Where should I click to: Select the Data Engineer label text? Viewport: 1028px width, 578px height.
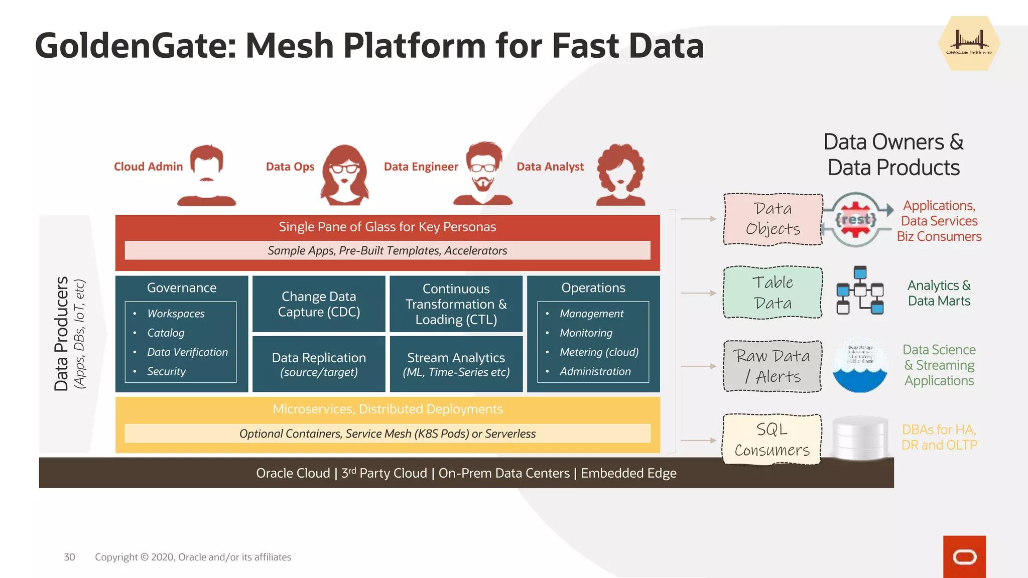(421, 167)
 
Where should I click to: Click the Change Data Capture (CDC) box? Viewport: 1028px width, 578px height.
(319, 304)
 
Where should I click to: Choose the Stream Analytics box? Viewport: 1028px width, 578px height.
(456, 364)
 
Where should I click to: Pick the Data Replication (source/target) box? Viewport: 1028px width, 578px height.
(319, 364)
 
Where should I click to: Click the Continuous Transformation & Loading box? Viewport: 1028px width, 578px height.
(456, 304)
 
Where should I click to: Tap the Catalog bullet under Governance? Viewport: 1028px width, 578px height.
(166, 333)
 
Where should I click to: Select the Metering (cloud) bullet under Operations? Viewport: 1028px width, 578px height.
(599, 352)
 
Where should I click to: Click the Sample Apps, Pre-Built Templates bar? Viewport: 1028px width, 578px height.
(387, 250)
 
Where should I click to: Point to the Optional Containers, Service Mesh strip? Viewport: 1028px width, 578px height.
(387, 434)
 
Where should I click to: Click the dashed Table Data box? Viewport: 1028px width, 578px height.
(773, 293)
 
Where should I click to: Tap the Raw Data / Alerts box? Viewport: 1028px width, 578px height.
(773, 366)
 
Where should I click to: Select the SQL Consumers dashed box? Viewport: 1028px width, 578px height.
(772, 440)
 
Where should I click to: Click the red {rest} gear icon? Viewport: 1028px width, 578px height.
(855, 219)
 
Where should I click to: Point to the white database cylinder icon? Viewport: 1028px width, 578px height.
(860, 438)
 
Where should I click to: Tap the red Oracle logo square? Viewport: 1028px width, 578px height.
(964, 556)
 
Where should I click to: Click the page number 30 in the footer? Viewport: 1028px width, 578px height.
(69, 557)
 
